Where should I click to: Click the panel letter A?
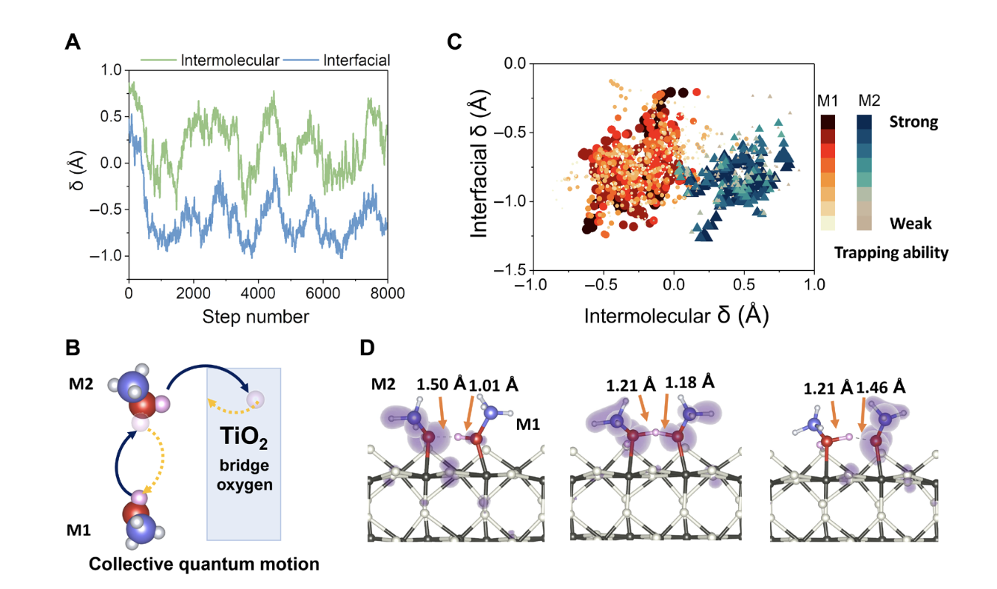pos(72,43)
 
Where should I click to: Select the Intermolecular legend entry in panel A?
pos(230,60)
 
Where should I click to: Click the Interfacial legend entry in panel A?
pos(356,60)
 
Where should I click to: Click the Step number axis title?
pos(258,317)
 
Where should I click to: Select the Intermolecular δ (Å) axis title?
pos(676,316)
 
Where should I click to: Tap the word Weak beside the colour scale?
pos(910,223)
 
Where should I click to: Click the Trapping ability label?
pos(891,253)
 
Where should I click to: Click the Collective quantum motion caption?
pos(204,564)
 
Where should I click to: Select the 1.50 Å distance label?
pos(441,386)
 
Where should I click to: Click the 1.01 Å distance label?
pos(493,386)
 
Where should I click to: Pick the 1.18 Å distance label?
pos(690,383)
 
